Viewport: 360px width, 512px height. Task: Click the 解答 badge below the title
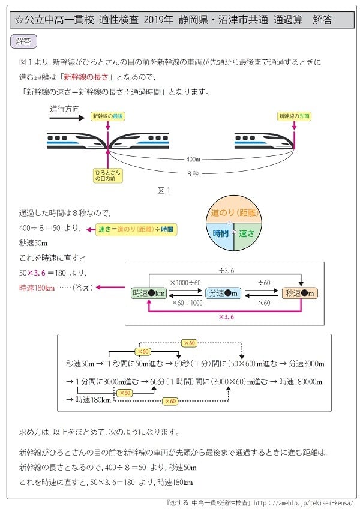[23, 41]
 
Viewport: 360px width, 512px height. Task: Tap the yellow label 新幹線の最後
[108, 116]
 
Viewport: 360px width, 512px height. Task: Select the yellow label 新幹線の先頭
[294, 116]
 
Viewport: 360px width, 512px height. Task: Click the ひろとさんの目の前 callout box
[108, 175]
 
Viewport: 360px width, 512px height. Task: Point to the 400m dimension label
[193, 159]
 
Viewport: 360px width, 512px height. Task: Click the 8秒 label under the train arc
[193, 173]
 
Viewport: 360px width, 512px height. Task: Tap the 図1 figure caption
[164, 191]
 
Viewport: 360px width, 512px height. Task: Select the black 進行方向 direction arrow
[67, 118]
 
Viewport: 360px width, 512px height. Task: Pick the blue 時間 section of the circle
[220, 235]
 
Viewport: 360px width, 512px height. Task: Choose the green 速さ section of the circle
[247, 235]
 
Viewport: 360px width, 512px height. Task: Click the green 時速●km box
[149, 293]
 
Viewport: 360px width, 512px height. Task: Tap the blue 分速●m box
[223, 293]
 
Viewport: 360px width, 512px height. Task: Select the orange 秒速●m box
[299, 293]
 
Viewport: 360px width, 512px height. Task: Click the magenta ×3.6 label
[226, 317]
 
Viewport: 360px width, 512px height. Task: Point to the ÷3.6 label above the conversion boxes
[226, 270]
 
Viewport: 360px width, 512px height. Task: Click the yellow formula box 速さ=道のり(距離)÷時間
[136, 229]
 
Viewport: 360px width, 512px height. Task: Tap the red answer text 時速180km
[37, 288]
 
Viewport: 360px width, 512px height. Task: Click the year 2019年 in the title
[158, 20]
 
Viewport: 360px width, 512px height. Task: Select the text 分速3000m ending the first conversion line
[307, 363]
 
